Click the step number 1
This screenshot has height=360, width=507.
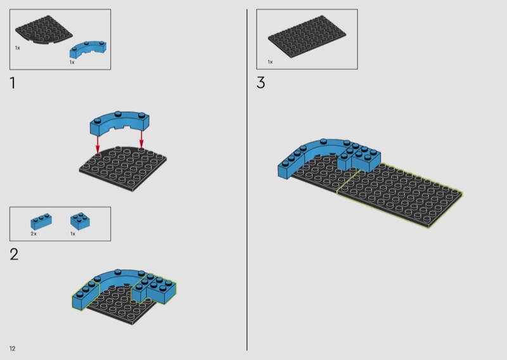13,83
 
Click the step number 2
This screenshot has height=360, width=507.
14,254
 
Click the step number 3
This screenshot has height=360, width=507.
260,82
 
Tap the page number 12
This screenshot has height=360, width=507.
12,349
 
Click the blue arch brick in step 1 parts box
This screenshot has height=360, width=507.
88,50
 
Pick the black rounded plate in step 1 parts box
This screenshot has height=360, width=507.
44,29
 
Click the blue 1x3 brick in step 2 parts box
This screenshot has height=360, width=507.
41,222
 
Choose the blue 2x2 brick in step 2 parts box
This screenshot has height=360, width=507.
80,221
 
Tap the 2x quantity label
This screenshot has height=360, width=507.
34,233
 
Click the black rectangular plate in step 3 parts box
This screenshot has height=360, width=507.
307,37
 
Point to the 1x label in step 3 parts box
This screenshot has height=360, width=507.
270,61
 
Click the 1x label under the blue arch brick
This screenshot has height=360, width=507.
72,62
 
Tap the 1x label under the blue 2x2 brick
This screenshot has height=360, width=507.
73,233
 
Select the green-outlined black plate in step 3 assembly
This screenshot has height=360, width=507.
399,195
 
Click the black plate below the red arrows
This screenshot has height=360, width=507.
123,169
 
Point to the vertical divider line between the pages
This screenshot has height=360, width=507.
247,179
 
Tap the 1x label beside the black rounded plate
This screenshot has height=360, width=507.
18,48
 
